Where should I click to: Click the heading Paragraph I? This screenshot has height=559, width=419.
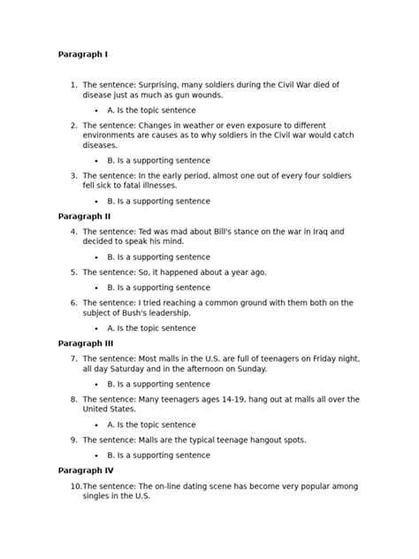[x=83, y=54]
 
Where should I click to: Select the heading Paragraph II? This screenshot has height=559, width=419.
[x=85, y=215]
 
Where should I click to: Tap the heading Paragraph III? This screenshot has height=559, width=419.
[x=87, y=342]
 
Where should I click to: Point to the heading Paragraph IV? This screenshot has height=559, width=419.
[x=87, y=470]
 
